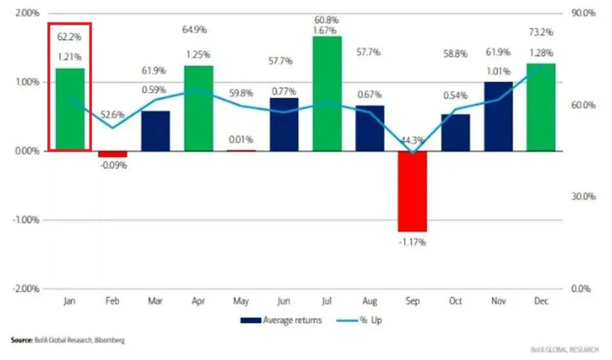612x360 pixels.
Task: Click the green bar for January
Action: click(x=70, y=109)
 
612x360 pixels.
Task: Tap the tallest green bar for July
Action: click(x=327, y=93)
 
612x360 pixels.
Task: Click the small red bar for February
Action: click(x=112, y=154)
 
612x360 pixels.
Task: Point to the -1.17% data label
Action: click(x=412, y=242)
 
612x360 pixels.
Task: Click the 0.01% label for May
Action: click(x=241, y=140)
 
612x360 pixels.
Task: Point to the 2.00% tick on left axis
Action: click(x=24, y=13)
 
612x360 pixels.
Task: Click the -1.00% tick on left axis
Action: click(x=23, y=220)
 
